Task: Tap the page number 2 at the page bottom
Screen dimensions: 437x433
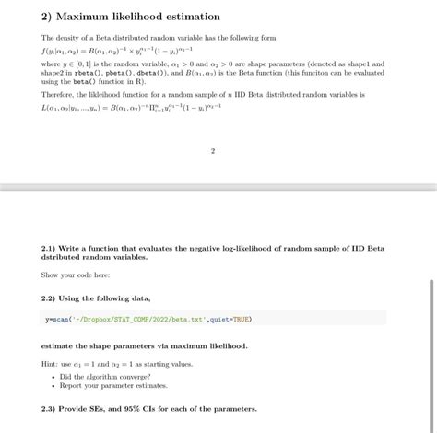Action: click(x=212, y=151)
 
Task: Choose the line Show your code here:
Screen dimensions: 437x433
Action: click(x=75, y=275)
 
